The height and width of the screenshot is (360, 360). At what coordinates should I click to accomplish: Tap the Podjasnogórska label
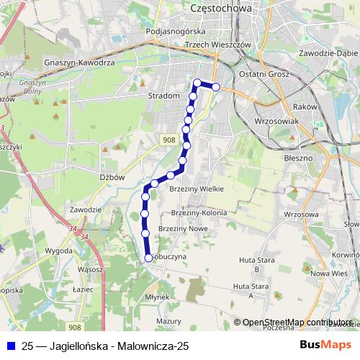click(175, 32)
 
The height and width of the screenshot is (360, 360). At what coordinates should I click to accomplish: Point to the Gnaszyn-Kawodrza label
click(89, 63)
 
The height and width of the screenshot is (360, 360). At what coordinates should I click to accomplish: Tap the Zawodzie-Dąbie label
click(328, 53)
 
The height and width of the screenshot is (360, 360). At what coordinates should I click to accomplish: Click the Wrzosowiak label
click(276, 122)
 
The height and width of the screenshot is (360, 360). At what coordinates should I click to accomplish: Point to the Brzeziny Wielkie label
click(196, 189)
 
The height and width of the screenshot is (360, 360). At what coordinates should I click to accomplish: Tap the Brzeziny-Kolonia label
click(199, 213)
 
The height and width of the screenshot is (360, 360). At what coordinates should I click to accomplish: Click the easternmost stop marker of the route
click(215, 87)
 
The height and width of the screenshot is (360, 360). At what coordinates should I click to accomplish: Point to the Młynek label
click(156, 297)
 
